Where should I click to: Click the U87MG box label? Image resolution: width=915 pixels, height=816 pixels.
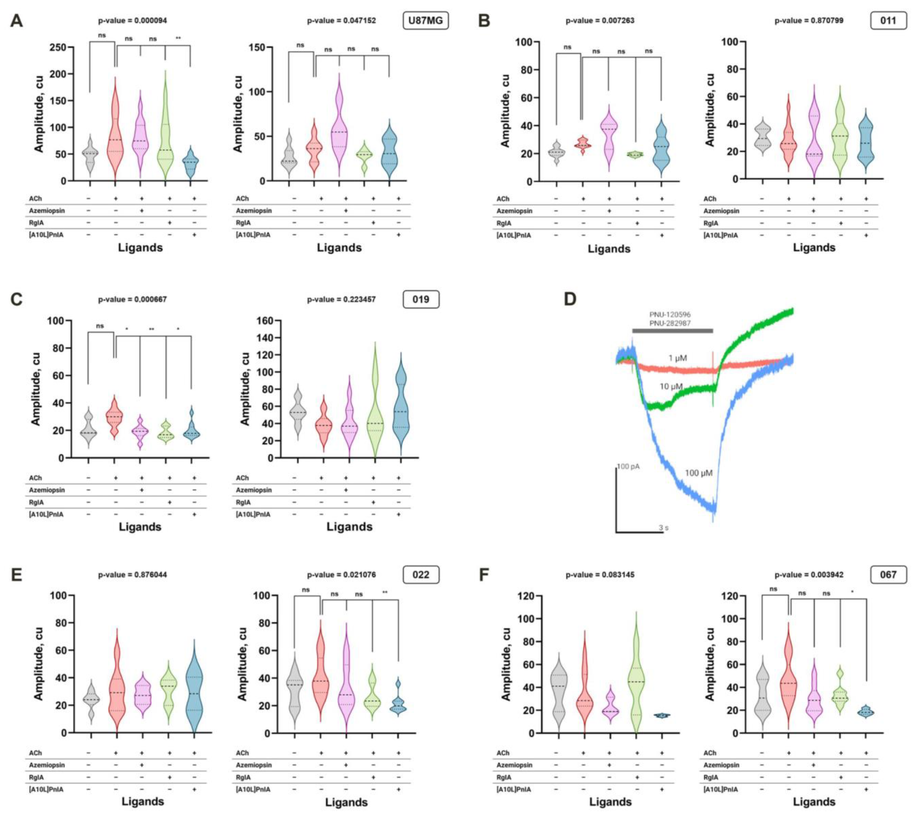coord(425,21)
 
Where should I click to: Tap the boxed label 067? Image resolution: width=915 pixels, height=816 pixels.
coord(888,575)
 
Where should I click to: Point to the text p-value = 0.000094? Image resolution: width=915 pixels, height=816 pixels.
coord(133,21)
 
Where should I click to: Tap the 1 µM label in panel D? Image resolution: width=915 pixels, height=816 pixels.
coord(677,358)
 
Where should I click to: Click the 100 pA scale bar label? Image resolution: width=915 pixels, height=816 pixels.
coord(628,467)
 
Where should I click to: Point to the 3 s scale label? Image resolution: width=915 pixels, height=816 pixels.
coord(663,528)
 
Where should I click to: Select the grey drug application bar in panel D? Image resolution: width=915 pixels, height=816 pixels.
coord(672,331)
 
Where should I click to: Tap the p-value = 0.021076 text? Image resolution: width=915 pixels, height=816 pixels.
coord(341,575)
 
